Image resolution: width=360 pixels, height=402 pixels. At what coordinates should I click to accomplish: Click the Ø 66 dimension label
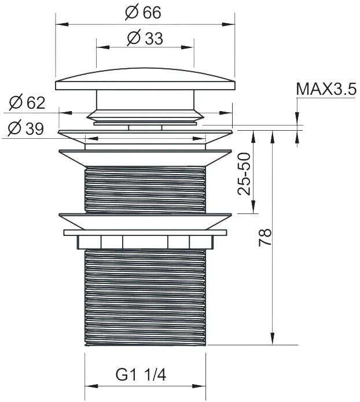[143, 12]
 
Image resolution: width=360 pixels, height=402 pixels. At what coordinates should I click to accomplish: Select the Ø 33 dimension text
[145, 38]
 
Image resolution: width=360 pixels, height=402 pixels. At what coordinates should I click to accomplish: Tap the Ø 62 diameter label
[27, 102]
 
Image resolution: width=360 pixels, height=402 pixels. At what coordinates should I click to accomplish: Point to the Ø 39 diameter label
[25, 128]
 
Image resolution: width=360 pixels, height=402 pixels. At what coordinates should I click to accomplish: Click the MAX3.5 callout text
[326, 89]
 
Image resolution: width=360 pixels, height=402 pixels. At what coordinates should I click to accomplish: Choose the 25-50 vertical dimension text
[244, 174]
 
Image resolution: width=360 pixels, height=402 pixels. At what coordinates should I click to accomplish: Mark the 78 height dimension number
[265, 237]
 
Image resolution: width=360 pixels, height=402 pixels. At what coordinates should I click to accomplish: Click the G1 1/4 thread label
[141, 375]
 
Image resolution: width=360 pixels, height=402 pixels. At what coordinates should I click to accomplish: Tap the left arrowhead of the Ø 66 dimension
[62, 24]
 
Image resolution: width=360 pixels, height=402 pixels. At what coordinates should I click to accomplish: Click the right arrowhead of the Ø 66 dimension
[229, 24]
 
